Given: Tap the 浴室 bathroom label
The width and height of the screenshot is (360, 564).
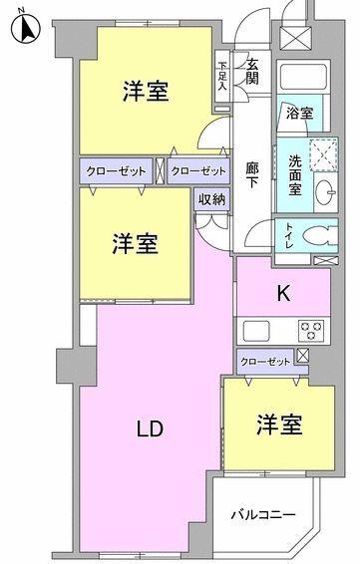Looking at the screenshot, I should coord(300,113).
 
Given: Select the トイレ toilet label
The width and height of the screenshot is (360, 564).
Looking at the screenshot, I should coord(287,235).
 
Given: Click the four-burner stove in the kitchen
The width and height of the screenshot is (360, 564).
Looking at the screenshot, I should coord(311,330).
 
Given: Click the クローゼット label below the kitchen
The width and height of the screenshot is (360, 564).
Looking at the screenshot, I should coord(264,360).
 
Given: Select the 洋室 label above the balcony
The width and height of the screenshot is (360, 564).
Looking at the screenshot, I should coord(279,424).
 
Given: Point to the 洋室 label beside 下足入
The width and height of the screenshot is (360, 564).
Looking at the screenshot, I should coord(145,91).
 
